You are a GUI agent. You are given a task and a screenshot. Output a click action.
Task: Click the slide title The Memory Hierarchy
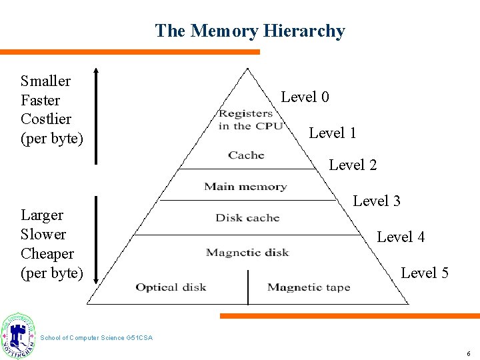(x=250, y=31)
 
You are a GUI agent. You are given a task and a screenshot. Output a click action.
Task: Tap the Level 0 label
(x=305, y=97)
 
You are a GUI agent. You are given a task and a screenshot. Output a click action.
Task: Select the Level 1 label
(x=332, y=133)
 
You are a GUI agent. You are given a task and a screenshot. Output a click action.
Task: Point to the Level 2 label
(x=353, y=165)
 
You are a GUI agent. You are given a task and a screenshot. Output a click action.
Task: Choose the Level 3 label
(x=377, y=201)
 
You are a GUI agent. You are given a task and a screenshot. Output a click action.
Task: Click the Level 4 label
(x=401, y=237)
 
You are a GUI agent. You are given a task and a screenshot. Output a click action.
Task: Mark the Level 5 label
(x=425, y=273)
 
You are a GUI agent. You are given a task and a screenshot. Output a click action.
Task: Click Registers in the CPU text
(x=250, y=119)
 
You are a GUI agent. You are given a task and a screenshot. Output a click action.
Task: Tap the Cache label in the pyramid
(x=246, y=155)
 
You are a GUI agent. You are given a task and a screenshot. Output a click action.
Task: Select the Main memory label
(x=245, y=187)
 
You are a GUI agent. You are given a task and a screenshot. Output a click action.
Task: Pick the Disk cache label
(x=247, y=218)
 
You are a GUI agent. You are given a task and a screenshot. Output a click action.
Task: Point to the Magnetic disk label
(x=247, y=253)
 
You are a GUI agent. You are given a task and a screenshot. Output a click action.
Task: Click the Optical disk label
(x=171, y=287)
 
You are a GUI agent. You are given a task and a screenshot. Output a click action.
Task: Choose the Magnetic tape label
(x=309, y=287)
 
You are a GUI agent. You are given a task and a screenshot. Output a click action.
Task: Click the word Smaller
(x=45, y=81)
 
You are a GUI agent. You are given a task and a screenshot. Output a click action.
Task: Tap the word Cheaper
(x=47, y=254)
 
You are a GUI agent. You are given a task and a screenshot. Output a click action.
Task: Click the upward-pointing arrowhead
(x=96, y=70)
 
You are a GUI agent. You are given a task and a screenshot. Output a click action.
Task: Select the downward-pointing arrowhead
(x=96, y=280)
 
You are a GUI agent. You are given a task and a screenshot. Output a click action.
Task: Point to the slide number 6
(x=469, y=353)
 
